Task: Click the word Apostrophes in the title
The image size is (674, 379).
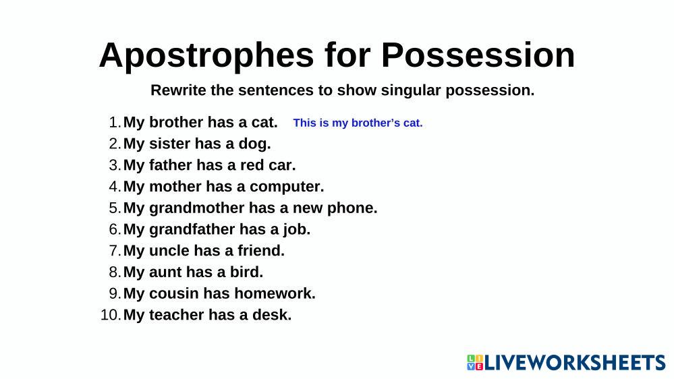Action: click(206, 56)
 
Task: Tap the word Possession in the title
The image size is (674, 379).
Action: click(478, 55)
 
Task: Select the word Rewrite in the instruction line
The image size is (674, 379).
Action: click(178, 90)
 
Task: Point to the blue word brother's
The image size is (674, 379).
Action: click(375, 123)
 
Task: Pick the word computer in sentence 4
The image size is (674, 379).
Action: click(287, 187)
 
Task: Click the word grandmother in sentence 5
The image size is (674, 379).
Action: click(196, 208)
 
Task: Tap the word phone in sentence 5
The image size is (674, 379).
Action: click(352, 208)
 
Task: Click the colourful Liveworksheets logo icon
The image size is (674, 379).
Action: click(475, 363)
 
